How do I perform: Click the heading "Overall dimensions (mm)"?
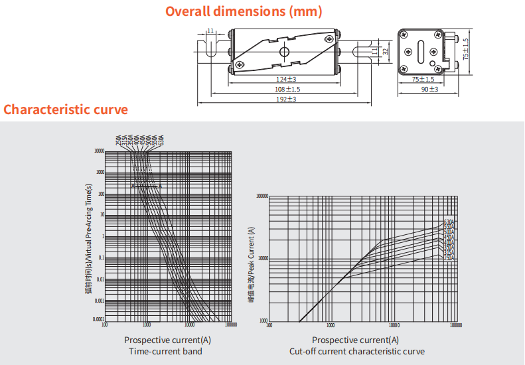(244, 11)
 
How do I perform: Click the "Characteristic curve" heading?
(66, 110)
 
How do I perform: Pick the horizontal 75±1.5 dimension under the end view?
(423, 80)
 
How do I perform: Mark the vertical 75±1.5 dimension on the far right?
(466, 49)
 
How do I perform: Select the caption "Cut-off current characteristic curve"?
(357, 351)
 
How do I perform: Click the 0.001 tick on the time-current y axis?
(99, 301)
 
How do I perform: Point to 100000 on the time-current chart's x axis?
(230, 325)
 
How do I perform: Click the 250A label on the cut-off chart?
(449, 257)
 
